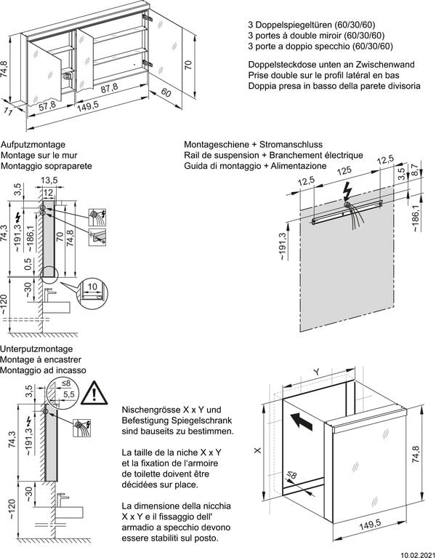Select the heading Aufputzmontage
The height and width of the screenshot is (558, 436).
click(x=34, y=145)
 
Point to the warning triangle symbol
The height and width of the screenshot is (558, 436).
click(x=92, y=394)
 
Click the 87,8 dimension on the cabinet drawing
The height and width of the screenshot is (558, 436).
click(x=109, y=89)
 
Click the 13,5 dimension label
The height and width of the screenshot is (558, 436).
click(x=49, y=180)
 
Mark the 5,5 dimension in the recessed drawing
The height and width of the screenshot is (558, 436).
click(x=70, y=394)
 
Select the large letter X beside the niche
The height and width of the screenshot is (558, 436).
click(x=258, y=451)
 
